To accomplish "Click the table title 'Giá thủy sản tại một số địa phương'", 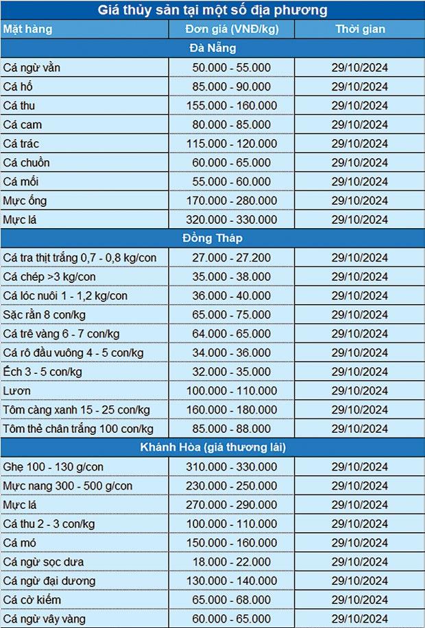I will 212,10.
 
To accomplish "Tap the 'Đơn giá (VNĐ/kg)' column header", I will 231,29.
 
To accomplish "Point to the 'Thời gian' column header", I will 360,29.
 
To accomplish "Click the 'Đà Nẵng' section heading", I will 212,48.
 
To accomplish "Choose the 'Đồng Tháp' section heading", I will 212,238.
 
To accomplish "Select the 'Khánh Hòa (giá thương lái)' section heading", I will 212,447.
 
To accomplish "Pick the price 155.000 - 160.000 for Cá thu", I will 231,105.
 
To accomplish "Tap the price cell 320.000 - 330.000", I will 231,220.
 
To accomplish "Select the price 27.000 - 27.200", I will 231,258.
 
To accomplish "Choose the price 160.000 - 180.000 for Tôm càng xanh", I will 231,410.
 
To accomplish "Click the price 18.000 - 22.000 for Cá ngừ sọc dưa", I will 231,562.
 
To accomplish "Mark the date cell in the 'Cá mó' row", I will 360,542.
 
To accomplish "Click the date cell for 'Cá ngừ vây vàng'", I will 360,618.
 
